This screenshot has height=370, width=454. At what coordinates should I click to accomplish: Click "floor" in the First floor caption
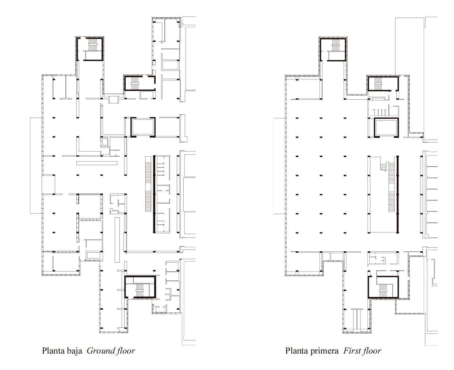370,351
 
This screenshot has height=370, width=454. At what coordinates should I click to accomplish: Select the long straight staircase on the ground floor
148,184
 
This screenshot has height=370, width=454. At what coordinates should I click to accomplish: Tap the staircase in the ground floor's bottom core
140,290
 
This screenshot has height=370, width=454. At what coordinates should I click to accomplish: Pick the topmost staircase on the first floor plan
336,45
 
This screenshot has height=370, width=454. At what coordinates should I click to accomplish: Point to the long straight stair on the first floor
391,187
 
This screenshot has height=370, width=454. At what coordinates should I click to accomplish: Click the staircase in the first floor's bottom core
383,290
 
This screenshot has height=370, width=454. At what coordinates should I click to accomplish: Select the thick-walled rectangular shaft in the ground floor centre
143,127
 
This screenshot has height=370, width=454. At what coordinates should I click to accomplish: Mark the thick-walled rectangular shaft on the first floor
386,128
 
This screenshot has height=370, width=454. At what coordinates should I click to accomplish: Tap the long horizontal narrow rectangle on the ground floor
97,163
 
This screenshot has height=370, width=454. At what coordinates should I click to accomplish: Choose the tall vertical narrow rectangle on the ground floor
117,240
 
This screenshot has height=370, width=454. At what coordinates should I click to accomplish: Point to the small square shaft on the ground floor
104,142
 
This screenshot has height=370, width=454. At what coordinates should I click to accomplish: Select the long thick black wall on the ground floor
154,194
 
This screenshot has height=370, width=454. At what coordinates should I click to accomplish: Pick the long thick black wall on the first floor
397,194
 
